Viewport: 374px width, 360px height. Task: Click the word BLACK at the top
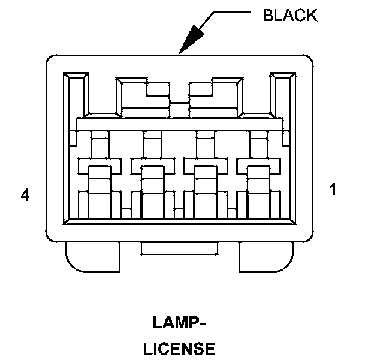click(x=289, y=15)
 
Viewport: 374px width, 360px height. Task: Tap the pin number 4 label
click(x=25, y=195)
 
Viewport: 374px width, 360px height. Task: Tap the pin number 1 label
click(x=333, y=190)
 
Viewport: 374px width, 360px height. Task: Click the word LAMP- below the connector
click(x=179, y=324)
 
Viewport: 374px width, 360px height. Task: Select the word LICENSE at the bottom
click(x=179, y=348)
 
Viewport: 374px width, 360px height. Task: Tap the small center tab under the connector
click(x=179, y=247)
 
